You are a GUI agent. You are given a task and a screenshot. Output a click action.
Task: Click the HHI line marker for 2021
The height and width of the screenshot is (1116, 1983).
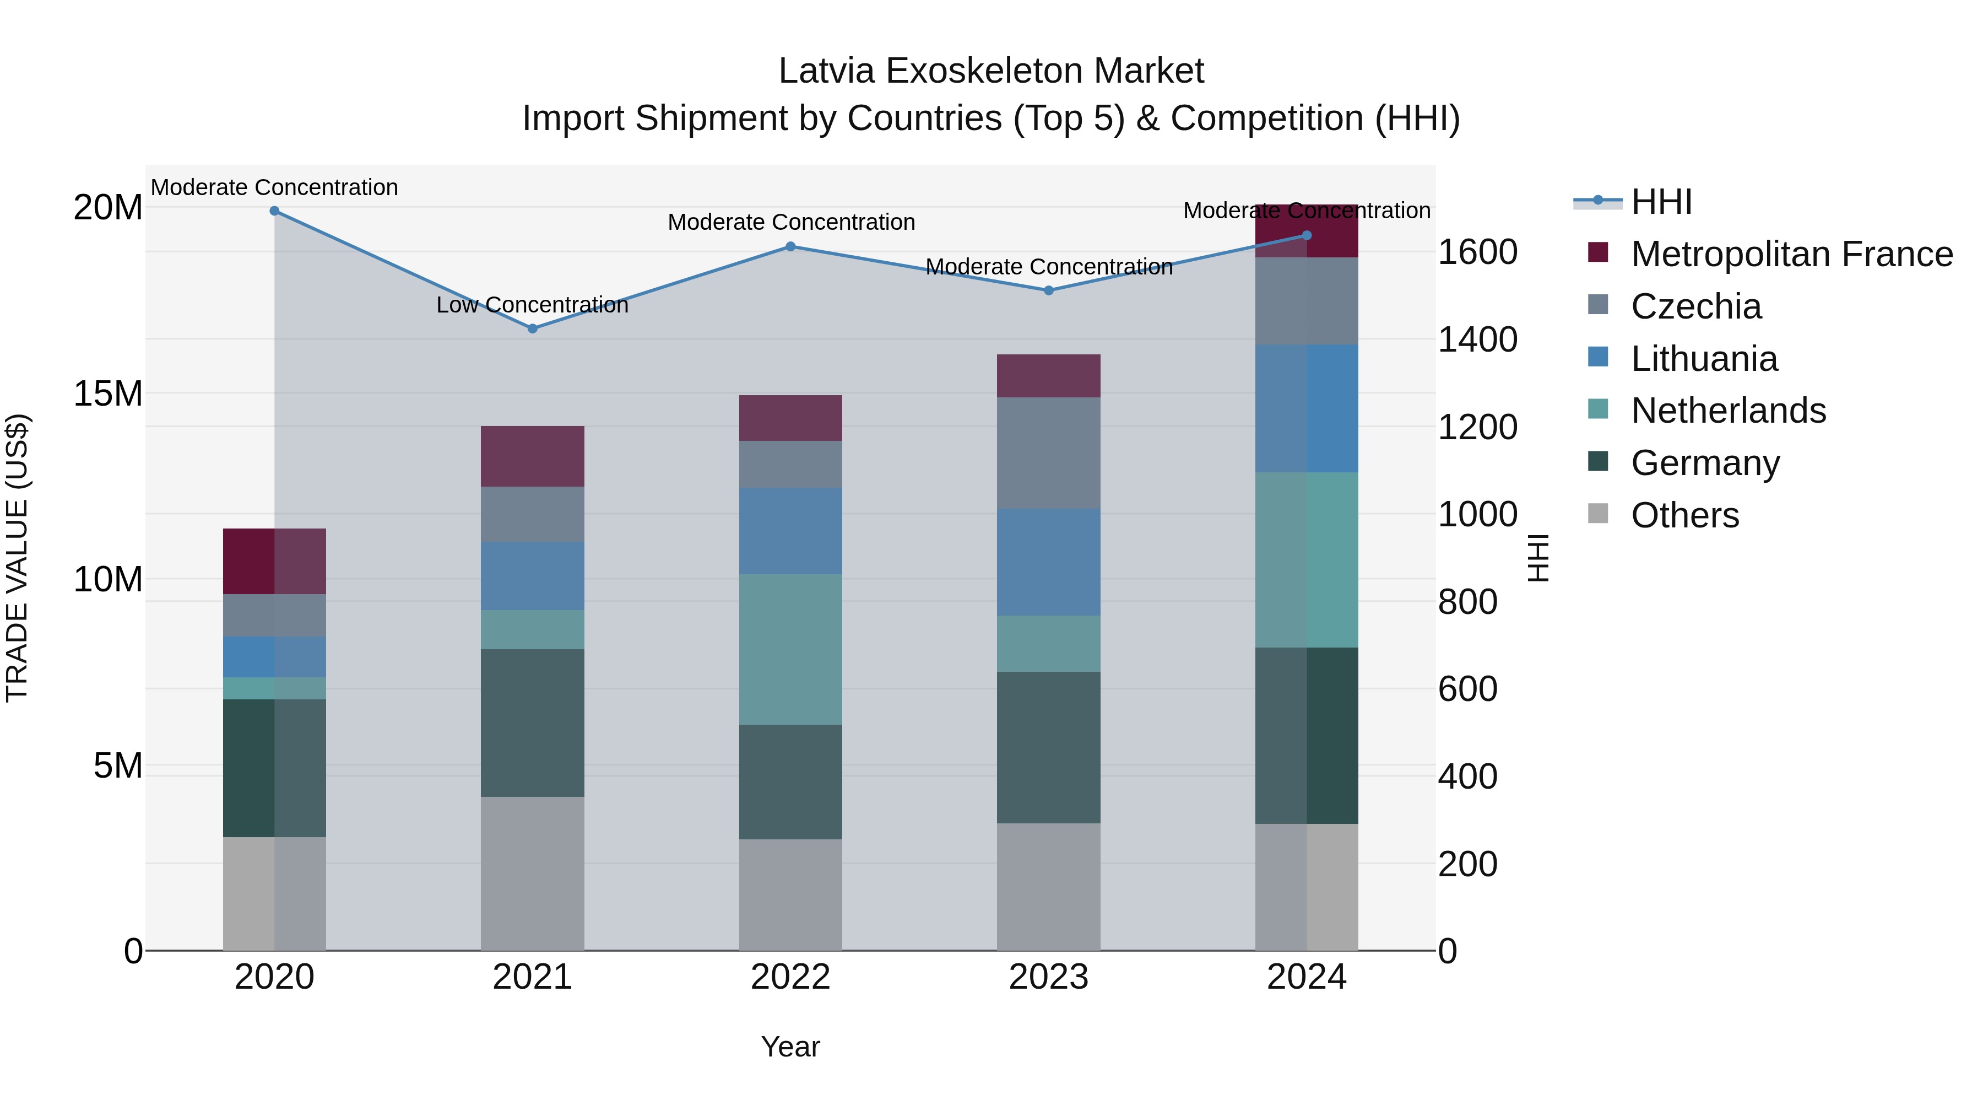[532, 328]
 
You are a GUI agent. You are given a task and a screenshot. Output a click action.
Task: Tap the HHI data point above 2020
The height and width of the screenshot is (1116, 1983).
[274, 211]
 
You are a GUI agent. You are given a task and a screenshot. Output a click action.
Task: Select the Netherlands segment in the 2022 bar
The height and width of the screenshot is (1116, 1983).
[790, 649]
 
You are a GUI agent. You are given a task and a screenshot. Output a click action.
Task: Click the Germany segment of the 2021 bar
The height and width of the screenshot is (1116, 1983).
[532, 723]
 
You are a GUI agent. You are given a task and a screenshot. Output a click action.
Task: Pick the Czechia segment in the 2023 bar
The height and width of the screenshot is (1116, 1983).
[1048, 453]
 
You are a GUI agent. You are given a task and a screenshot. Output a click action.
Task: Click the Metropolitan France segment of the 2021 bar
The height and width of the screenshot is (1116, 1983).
[532, 456]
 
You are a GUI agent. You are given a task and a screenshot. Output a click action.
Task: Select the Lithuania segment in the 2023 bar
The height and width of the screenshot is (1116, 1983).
[1048, 562]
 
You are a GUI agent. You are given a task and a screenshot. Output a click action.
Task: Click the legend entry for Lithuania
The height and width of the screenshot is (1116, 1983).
[1704, 359]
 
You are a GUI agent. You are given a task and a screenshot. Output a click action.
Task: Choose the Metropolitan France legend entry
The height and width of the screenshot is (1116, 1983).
[1791, 254]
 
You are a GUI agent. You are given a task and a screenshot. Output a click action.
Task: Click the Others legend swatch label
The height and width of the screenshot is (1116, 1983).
[1684, 515]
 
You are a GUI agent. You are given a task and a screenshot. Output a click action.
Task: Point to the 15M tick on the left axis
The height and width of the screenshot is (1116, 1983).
[108, 393]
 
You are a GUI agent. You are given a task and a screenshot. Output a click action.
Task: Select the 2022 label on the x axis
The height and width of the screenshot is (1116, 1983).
[790, 977]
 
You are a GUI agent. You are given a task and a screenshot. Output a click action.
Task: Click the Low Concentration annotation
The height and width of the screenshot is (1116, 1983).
[532, 305]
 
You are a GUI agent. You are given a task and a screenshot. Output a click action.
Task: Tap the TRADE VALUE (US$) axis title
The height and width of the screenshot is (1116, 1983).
[17, 558]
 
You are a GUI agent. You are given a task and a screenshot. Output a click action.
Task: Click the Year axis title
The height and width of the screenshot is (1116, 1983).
[790, 1047]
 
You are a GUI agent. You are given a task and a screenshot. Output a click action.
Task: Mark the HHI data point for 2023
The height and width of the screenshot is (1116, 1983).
[1048, 290]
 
